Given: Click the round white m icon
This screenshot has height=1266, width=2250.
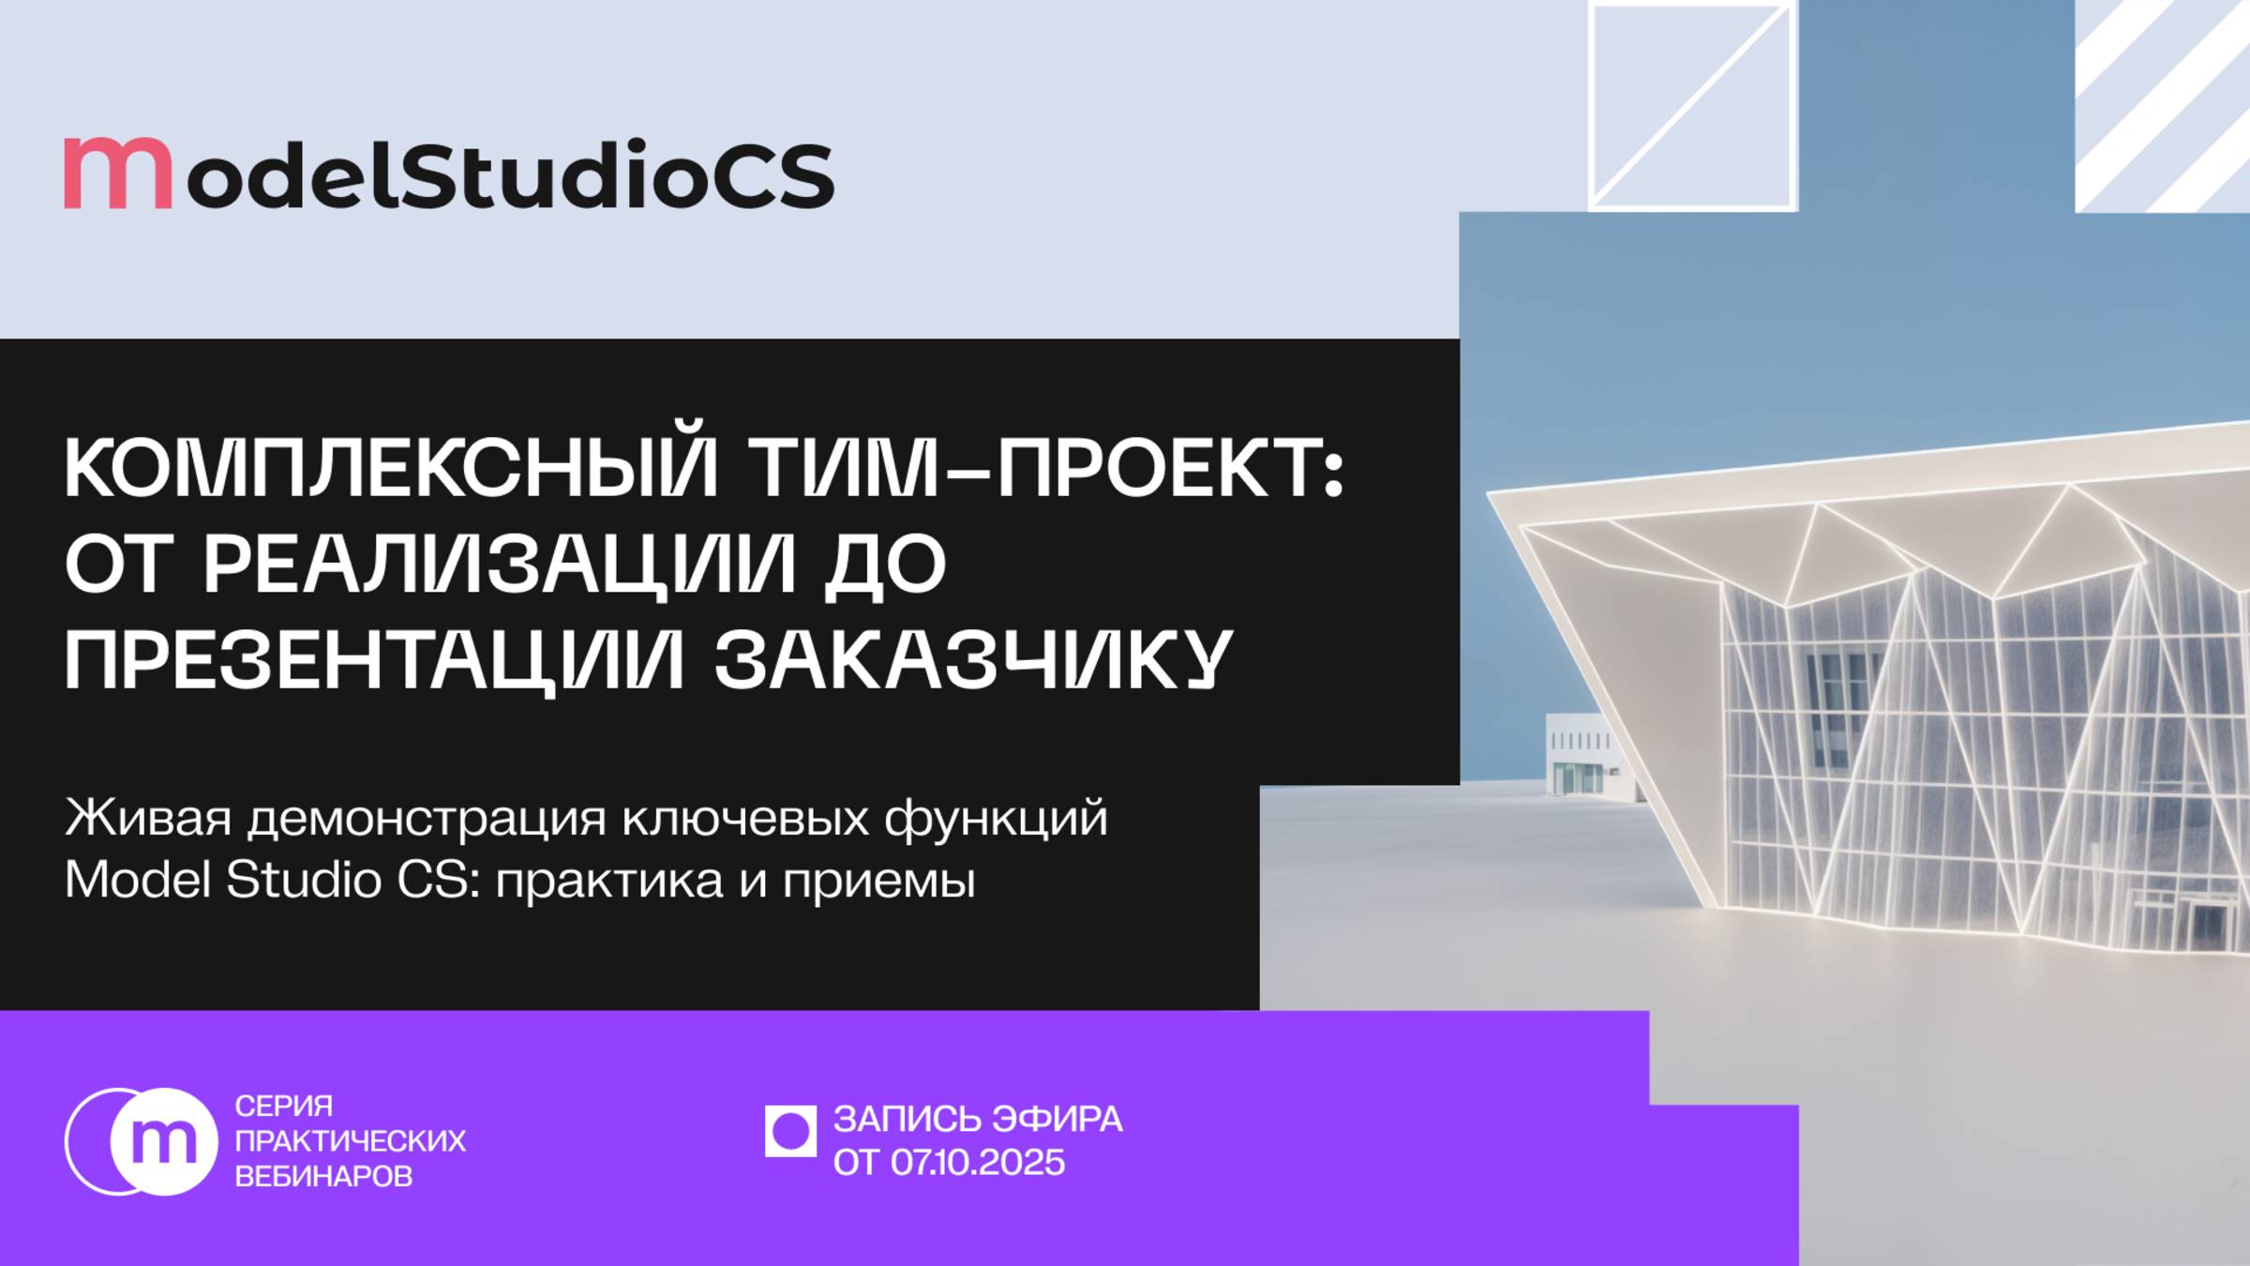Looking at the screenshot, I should point(163,1141).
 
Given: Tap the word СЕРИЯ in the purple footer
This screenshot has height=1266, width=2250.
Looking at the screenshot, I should point(283,1106).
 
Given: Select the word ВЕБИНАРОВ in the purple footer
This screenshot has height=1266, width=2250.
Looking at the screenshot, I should point(323,1176).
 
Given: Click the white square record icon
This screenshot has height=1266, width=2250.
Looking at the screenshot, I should point(790,1131).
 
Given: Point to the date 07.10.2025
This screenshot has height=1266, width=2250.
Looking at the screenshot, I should point(978,1163).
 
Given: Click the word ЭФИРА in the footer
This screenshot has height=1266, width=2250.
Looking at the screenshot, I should point(1057,1120).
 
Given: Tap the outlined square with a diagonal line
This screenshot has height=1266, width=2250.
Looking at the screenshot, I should point(1692,105).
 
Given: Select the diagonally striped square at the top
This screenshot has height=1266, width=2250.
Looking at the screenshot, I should point(2162,105).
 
